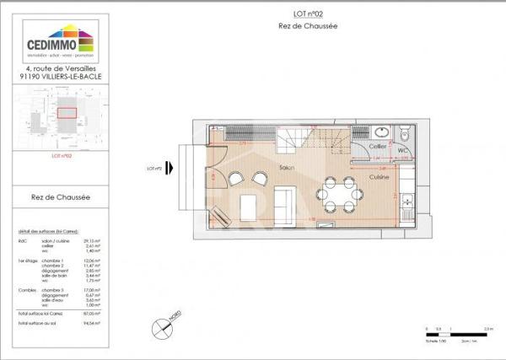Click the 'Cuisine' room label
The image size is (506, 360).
tap(379, 178)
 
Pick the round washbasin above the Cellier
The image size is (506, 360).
tap(381, 132)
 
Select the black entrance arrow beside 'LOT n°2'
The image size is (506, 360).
tap(171, 168)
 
